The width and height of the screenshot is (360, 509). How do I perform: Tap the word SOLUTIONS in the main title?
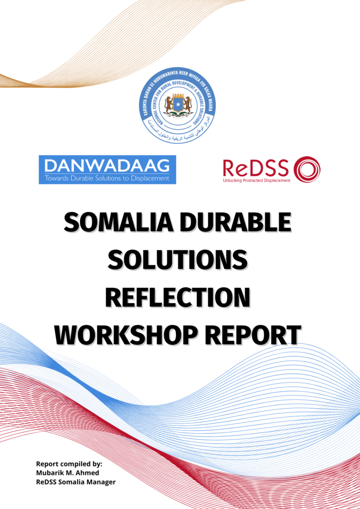point(178,259)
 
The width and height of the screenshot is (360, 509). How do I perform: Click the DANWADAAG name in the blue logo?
point(107,165)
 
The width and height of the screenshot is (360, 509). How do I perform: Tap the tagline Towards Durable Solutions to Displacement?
point(107,178)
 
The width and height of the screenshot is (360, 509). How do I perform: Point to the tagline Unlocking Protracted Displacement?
point(256,180)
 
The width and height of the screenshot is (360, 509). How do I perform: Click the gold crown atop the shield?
point(178,94)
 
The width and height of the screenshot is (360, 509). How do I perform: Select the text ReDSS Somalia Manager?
point(76,481)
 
